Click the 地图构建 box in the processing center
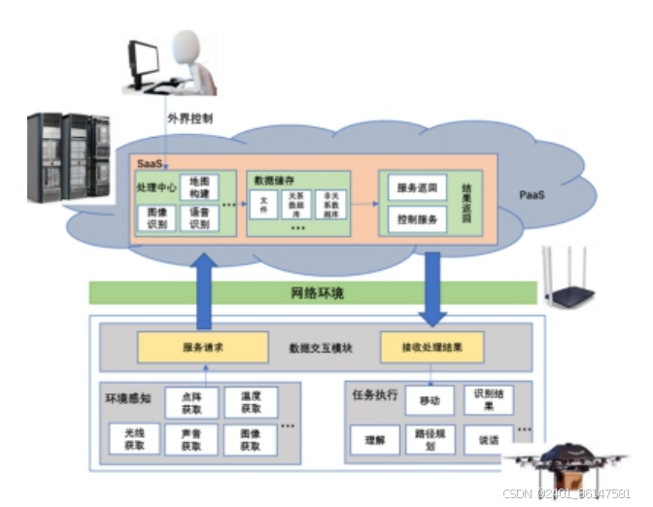click(x=198, y=187)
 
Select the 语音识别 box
click(x=198, y=219)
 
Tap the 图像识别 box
click(x=155, y=219)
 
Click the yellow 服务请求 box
click(x=202, y=347)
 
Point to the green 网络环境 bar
click(x=313, y=292)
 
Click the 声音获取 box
click(x=190, y=440)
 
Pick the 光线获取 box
click(x=134, y=440)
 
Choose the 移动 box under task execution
click(x=429, y=400)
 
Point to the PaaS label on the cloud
click(x=532, y=195)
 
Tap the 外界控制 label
click(x=189, y=119)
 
